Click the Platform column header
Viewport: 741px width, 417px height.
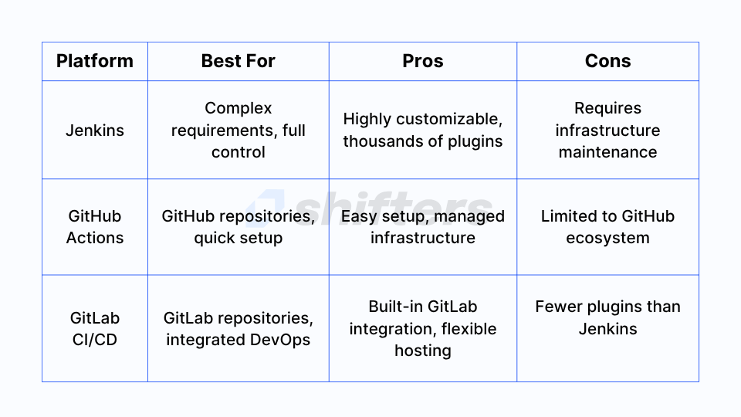coord(94,61)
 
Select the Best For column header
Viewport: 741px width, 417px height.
coord(239,61)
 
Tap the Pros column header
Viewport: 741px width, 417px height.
coord(423,61)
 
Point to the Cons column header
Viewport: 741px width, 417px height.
coord(607,61)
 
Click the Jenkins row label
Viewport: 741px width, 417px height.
coord(94,130)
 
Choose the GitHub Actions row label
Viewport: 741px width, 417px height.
coord(94,227)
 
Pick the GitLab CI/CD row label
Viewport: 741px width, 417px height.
coord(94,329)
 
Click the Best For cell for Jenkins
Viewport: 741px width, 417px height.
coord(239,130)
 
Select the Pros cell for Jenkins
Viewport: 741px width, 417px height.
coord(423,130)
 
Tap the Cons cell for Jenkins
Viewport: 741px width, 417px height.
coord(607,130)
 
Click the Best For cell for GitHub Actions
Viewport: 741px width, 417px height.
coord(239,227)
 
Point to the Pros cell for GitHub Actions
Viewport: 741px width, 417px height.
coord(423,227)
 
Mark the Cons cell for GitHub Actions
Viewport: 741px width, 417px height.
coord(607,227)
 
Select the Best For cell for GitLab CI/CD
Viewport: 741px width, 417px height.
coord(239,329)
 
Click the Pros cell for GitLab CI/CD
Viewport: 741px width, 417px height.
coord(423,329)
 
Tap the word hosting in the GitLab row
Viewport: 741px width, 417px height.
coord(423,351)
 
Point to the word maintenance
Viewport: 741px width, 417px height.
coord(607,152)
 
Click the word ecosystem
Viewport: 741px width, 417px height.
coord(607,238)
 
